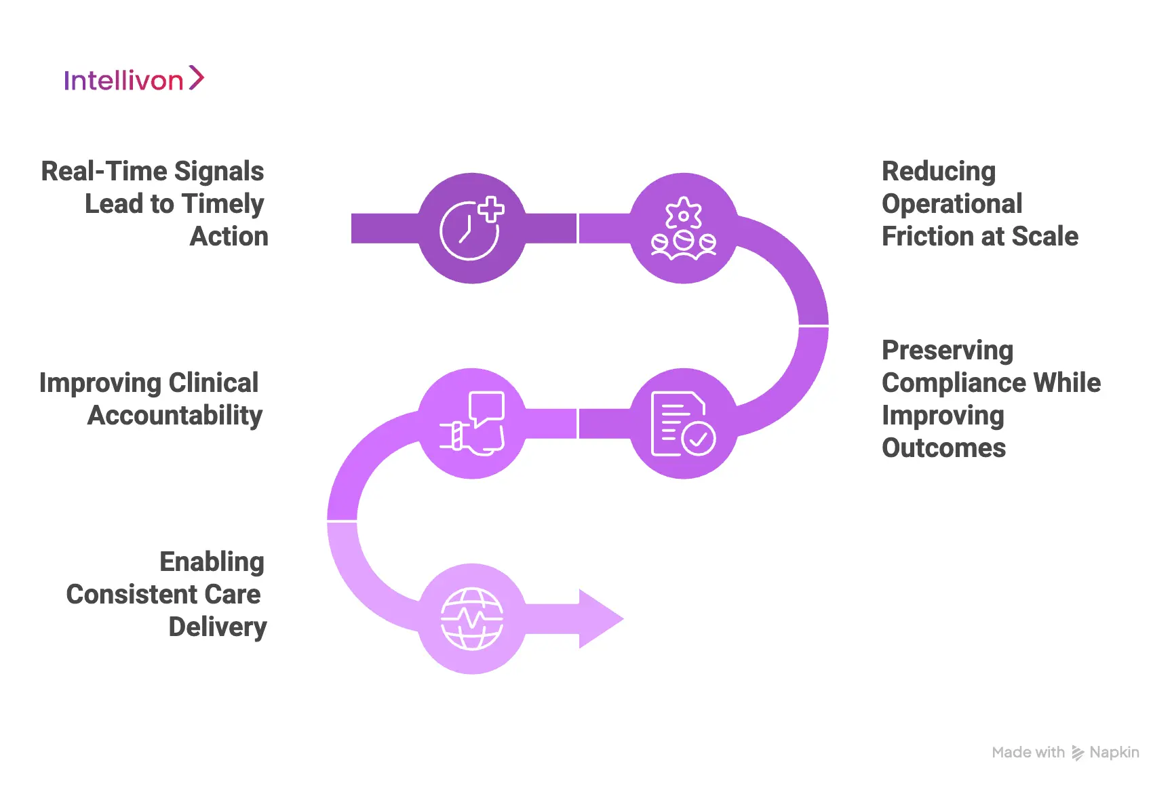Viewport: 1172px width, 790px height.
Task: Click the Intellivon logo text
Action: pyautogui.click(x=123, y=81)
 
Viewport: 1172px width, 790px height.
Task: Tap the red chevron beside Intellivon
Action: pyautogui.click(x=196, y=78)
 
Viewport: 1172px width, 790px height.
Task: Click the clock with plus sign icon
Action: pyautogui.click(x=472, y=229)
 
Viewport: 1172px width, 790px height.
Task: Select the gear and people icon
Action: pyautogui.click(x=684, y=229)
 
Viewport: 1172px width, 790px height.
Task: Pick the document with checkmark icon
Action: pyautogui.click(x=684, y=424)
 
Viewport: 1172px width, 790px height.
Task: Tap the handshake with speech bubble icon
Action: pyautogui.click(x=472, y=424)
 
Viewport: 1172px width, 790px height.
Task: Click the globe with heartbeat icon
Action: pyautogui.click(x=472, y=618)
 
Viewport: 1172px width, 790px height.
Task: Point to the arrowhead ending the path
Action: pyautogui.click(x=600, y=618)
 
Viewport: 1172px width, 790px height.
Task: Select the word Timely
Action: pyautogui.click(x=223, y=204)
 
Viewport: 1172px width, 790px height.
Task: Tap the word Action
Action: pyautogui.click(x=229, y=237)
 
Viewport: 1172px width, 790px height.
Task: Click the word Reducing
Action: pyautogui.click(x=939, y=172)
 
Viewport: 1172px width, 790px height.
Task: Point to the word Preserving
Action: pyautogui.click(x=948, y=351)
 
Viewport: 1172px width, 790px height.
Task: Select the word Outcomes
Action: pyautogui.click(x=943, y=448)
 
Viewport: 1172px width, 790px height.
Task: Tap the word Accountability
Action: pyautogui.click(x=175, y=416)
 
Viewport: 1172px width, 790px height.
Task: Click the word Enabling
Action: pyautogui.click(x=212, y=562)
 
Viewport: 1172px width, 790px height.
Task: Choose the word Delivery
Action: pyautogui.click(x=217, y=627)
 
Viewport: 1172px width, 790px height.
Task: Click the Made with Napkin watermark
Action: pyautogui.click(x=1065, y=753)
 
